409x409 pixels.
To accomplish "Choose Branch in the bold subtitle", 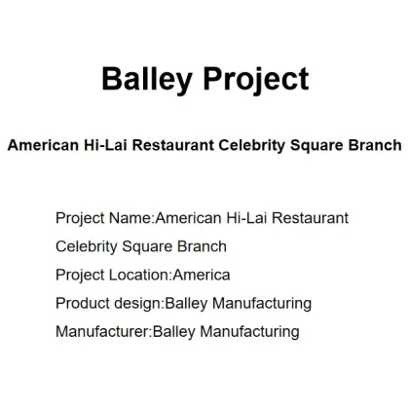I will click(375, 145).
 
